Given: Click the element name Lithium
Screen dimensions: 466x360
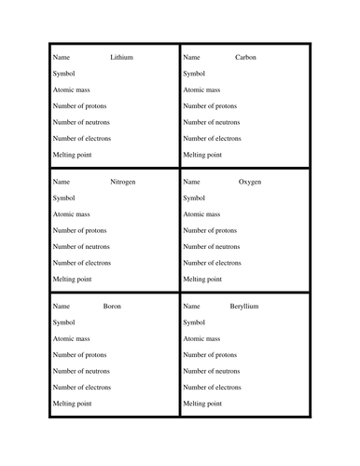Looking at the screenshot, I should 122,58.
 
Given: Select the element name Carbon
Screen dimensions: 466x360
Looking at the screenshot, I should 245,58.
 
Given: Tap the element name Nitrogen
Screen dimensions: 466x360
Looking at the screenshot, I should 123,182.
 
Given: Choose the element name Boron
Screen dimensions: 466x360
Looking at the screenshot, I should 112,307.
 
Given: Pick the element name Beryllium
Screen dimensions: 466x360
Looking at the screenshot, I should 247,307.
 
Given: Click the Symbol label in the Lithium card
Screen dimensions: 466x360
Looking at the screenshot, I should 64,74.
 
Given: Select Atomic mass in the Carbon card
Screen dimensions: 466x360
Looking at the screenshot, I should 201,90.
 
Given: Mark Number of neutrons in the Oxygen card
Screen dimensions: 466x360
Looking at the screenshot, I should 212,247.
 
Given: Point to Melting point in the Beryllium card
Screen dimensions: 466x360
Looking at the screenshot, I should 202,404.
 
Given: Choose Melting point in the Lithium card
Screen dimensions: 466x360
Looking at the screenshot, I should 72,155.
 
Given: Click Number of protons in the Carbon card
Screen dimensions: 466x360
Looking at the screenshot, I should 211,106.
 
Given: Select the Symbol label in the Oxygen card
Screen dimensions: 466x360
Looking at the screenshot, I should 195,198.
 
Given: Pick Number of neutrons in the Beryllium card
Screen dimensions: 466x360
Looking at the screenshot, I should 212,371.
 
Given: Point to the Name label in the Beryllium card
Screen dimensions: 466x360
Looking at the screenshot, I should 191,307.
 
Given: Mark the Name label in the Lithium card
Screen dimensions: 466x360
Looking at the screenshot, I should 61,58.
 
